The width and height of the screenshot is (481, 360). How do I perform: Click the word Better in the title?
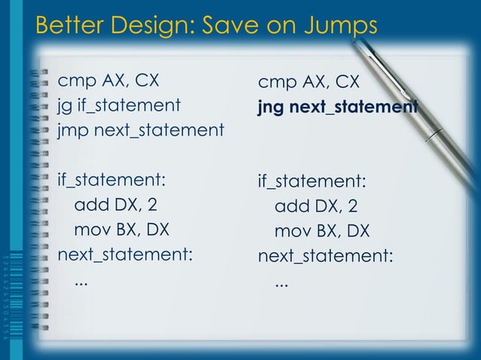click(x=69, y=26)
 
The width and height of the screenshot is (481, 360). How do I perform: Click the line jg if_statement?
click(x=118, y=104)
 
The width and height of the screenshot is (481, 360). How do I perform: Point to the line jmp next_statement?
click(x=140, y=130)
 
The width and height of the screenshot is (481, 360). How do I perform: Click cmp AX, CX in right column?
click(x=308, y=82)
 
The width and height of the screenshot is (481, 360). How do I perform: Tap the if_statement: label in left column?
click(x=111, y=180)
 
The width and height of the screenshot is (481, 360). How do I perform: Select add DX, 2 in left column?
click(x=116, y=205)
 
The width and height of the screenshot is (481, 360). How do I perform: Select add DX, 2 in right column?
click(x=316, y=207)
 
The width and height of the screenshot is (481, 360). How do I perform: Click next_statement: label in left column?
click(x=125, y=255)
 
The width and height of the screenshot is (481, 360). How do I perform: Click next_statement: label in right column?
click(x=326, y=256)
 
